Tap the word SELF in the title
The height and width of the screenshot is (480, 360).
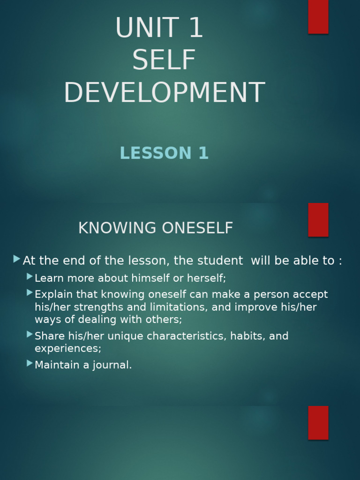164,60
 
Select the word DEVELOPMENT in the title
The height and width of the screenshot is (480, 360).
164,93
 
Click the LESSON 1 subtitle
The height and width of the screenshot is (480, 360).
164,153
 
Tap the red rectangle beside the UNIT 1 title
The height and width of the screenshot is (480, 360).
318,16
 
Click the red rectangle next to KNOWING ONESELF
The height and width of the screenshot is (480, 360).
318,219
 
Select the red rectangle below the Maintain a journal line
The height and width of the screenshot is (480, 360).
318,422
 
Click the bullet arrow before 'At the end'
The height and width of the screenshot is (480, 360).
17,259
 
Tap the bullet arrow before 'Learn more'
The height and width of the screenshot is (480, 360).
30,277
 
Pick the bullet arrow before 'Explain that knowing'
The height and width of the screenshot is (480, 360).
30,293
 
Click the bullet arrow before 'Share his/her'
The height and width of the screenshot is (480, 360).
30,335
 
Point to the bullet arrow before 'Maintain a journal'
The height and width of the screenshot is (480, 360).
30,363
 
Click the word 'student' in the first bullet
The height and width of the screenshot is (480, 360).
222,261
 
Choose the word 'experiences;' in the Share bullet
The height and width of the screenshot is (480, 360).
68,349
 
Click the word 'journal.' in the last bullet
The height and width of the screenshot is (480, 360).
112,365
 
